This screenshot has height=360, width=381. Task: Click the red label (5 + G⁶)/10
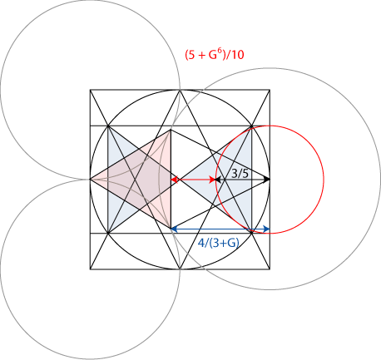(x=215, y=55)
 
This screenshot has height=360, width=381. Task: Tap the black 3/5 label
(x=240, y=174)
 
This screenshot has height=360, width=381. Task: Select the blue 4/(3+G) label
(x=219, y=243)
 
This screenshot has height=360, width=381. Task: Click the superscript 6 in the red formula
(x=219, y=52)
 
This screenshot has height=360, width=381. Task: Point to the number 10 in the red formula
(x=237, y=55)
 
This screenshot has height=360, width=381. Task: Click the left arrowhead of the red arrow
(x=175, y=180)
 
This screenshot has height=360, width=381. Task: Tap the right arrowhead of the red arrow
(x=212, y=180)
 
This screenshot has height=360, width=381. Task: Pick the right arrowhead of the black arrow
(x=266, y=180)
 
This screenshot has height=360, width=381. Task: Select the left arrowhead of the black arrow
(x=219, y=180)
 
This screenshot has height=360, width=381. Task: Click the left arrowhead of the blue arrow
(x=175, y=229)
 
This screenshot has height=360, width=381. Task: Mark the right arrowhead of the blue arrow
(x=266, y=229)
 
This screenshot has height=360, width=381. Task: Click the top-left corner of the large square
(x=90, y=90)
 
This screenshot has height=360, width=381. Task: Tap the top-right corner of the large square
(x=270, y=90)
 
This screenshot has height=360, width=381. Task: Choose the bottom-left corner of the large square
(x=90, y=269)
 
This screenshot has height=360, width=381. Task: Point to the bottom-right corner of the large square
(x=270, y=269)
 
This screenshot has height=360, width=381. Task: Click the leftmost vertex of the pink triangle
(x=91, y=180)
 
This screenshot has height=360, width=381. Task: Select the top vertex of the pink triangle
(x=171, y=130)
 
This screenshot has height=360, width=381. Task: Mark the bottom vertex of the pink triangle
(x=171, y=228)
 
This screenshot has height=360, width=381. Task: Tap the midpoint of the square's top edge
(x=180, y=90)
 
